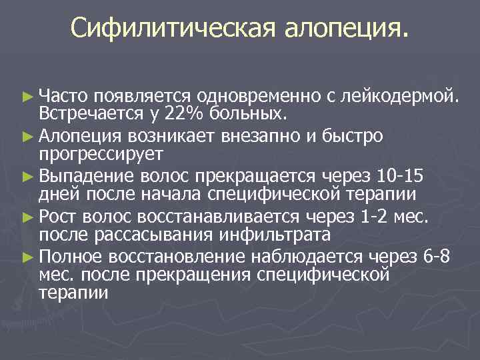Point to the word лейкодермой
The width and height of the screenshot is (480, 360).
[399, 97]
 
